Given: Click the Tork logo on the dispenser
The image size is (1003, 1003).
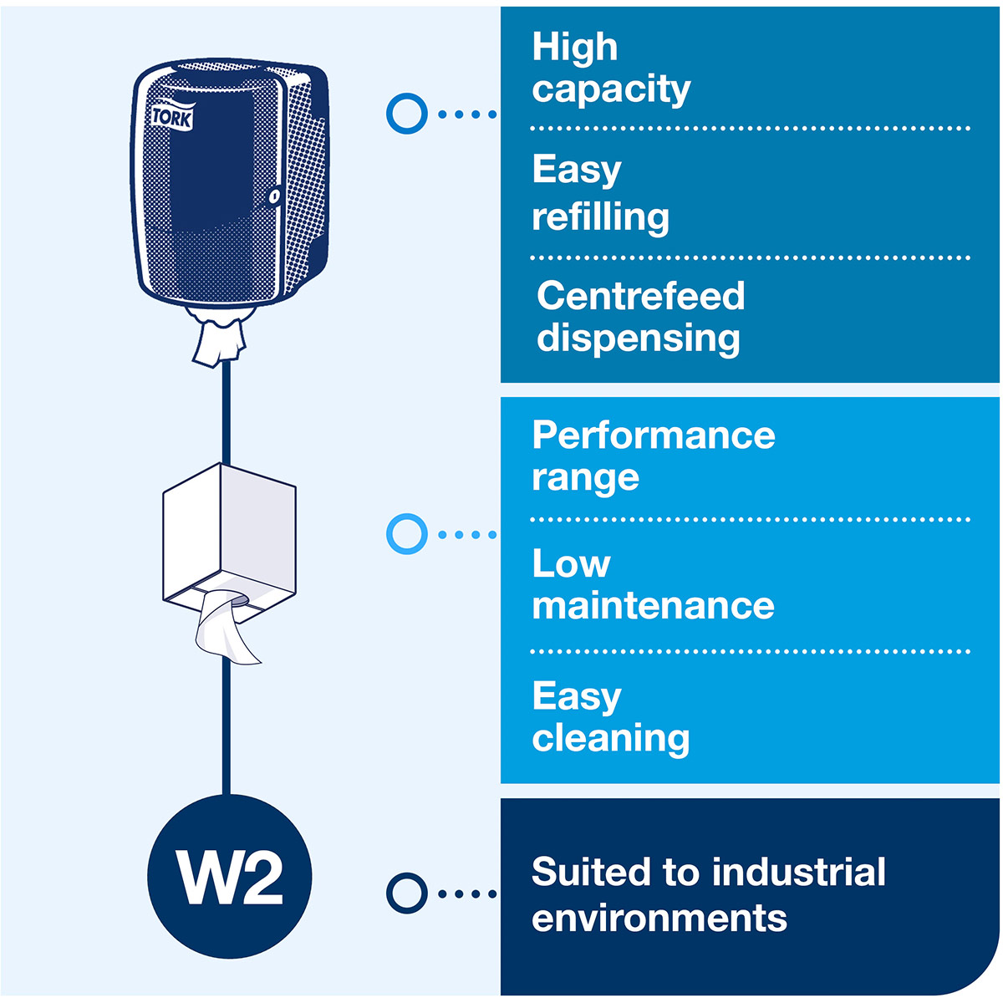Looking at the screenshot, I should (x=172, y=116).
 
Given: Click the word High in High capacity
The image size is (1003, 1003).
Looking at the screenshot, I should (x=574, y=48).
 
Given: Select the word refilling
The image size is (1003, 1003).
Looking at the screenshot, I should (x=600, y=217).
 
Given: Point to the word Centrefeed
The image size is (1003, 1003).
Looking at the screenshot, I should (x=640, y=296).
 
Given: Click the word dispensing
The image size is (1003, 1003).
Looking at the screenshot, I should (x=638, y=339).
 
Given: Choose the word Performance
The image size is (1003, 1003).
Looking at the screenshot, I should (x=653, y=435).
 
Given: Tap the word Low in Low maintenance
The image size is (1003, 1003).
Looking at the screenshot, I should (x=571, y=564).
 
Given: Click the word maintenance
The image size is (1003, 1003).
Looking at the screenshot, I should (x=653, y=605).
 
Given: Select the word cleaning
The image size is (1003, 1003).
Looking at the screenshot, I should (x=610, y=738).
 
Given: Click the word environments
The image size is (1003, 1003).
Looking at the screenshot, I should (x=659, y=918).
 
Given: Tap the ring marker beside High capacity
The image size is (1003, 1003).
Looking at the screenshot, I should (x=407, y=113).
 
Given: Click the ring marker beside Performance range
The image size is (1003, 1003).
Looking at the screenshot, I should (x=407, y=533).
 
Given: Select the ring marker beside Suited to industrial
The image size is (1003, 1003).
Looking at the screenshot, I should (x=407, y=893).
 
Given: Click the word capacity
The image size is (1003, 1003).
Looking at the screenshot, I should (x=611, y=89).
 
